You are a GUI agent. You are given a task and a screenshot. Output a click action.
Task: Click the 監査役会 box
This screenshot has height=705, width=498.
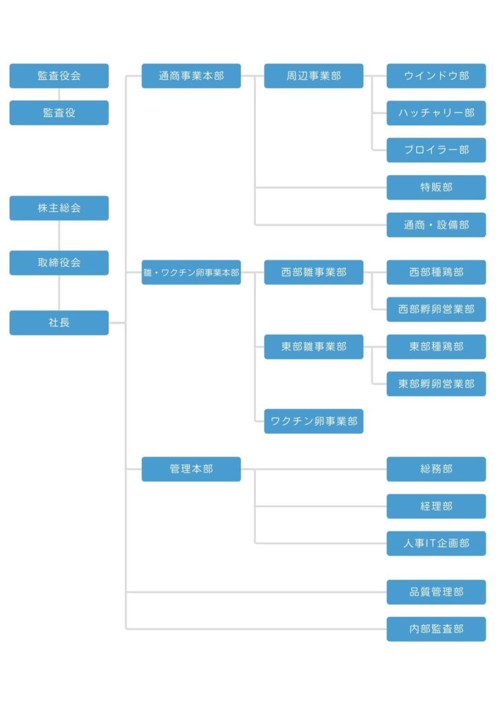tap(59, 76)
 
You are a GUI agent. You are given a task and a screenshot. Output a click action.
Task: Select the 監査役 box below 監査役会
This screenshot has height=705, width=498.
tap(59, 112)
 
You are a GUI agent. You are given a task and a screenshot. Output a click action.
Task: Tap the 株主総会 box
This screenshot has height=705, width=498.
tap(59, 208)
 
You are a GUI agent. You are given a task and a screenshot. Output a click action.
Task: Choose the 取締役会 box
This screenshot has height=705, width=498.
tap(59, 262)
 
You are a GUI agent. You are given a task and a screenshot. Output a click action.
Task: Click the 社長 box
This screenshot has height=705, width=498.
tap(59, 322)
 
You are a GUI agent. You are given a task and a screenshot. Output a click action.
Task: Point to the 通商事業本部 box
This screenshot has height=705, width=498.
tap(191, 76)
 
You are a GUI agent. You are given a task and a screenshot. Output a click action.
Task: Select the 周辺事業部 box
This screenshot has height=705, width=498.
tap(314, 76)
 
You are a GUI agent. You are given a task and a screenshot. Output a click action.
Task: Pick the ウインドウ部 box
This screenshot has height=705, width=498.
tap(436, 76)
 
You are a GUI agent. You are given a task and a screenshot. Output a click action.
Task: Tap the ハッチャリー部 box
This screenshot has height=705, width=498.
tap(436, 112)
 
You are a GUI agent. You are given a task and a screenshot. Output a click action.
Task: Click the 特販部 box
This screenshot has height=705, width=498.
tap(436, 187)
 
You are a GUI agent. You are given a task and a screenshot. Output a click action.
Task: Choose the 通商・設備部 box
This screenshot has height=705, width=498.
tap(436, 224)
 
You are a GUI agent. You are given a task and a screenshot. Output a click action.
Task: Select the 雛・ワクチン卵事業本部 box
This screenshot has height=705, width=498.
tap(191, 272)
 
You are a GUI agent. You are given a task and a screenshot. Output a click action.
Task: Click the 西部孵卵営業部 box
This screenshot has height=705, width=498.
tap(436, 309)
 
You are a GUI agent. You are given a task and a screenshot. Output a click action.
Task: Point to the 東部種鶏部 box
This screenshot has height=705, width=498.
tap(436, 346)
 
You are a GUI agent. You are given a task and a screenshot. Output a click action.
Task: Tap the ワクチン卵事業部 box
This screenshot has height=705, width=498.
tap(314, 421)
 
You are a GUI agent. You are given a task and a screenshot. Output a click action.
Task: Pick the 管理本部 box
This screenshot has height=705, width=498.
tap(191, 469)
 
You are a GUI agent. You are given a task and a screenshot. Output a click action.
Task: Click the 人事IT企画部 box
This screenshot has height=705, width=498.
tap(436, 543)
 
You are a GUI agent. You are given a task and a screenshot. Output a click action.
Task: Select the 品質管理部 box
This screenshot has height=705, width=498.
tap(436, 591)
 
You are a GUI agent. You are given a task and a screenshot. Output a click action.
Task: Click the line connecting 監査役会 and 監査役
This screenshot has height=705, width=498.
tap(59, 94)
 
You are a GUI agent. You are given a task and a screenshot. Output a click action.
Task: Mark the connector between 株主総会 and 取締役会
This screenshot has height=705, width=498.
tap(59, 235)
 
